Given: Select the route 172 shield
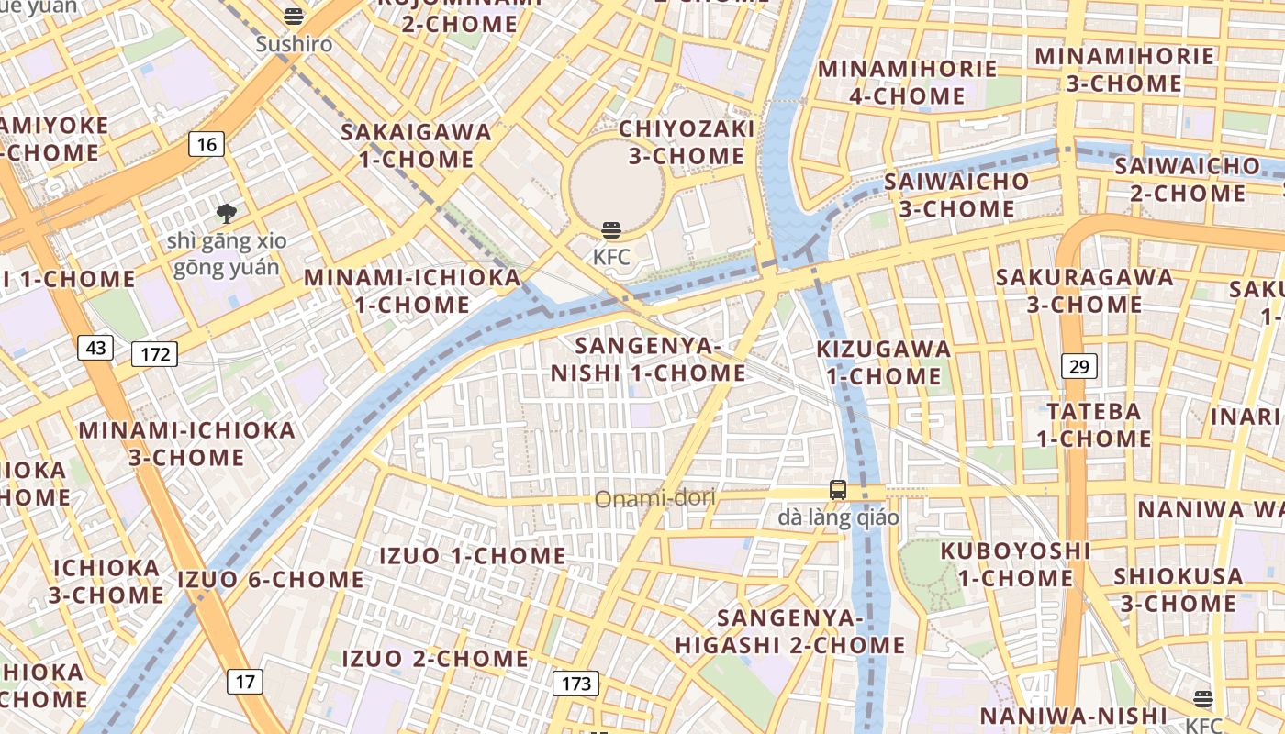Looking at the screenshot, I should pyautogui.click(x=154, y=354).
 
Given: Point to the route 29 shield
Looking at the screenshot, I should pyautogui.click(x=1079, y=367).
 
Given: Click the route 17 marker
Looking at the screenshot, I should pyautogui.click(x=244, y=682).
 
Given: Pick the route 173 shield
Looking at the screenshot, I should pyautogui.click(x=575, y=684).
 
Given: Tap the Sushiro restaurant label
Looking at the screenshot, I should pyautogui.click(x=294, y=43).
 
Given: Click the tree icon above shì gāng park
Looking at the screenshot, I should pyautogui.click(x=226, y=215).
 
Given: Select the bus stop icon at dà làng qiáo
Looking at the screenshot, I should pyautogui.click(x=838, y=490).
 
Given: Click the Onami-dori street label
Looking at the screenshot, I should pyautogui.click(x=654, y=499).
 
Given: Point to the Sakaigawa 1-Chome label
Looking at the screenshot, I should pyautogui.click(x=416, y=145).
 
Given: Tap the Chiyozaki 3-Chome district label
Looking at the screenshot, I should pyautogui.click(x=687, y=141).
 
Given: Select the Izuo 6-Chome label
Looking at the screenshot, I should pyautogui.click(x=271, y=580).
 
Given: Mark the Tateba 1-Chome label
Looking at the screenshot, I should pyautogui.click(x=1094, y=424).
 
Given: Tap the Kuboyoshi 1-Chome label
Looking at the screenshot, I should pyautogui.click(x=1015, y=564).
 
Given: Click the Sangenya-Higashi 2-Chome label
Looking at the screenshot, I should pyautogui.click(x=790, y=631).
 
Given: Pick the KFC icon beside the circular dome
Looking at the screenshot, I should pyautogui.click(x=611, y=230).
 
